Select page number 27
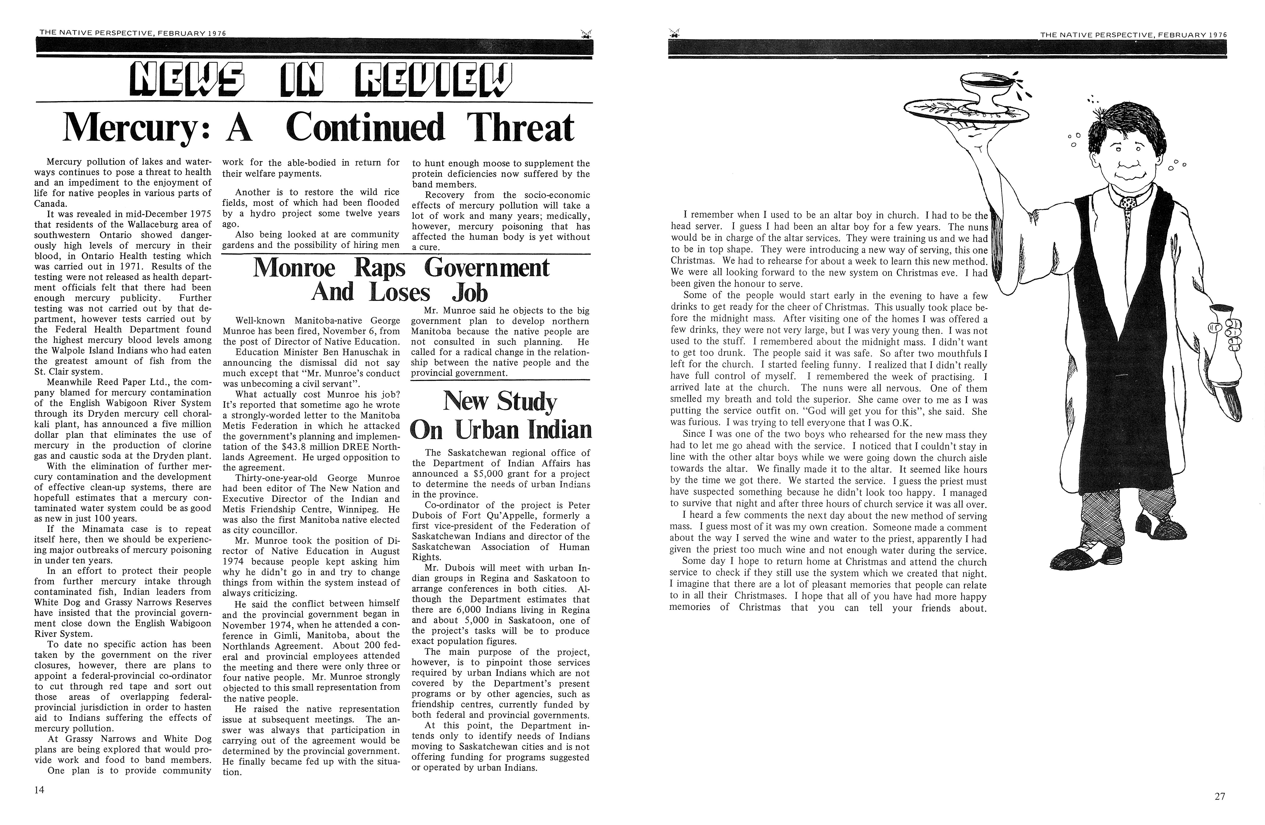[x=1220, y=796]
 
